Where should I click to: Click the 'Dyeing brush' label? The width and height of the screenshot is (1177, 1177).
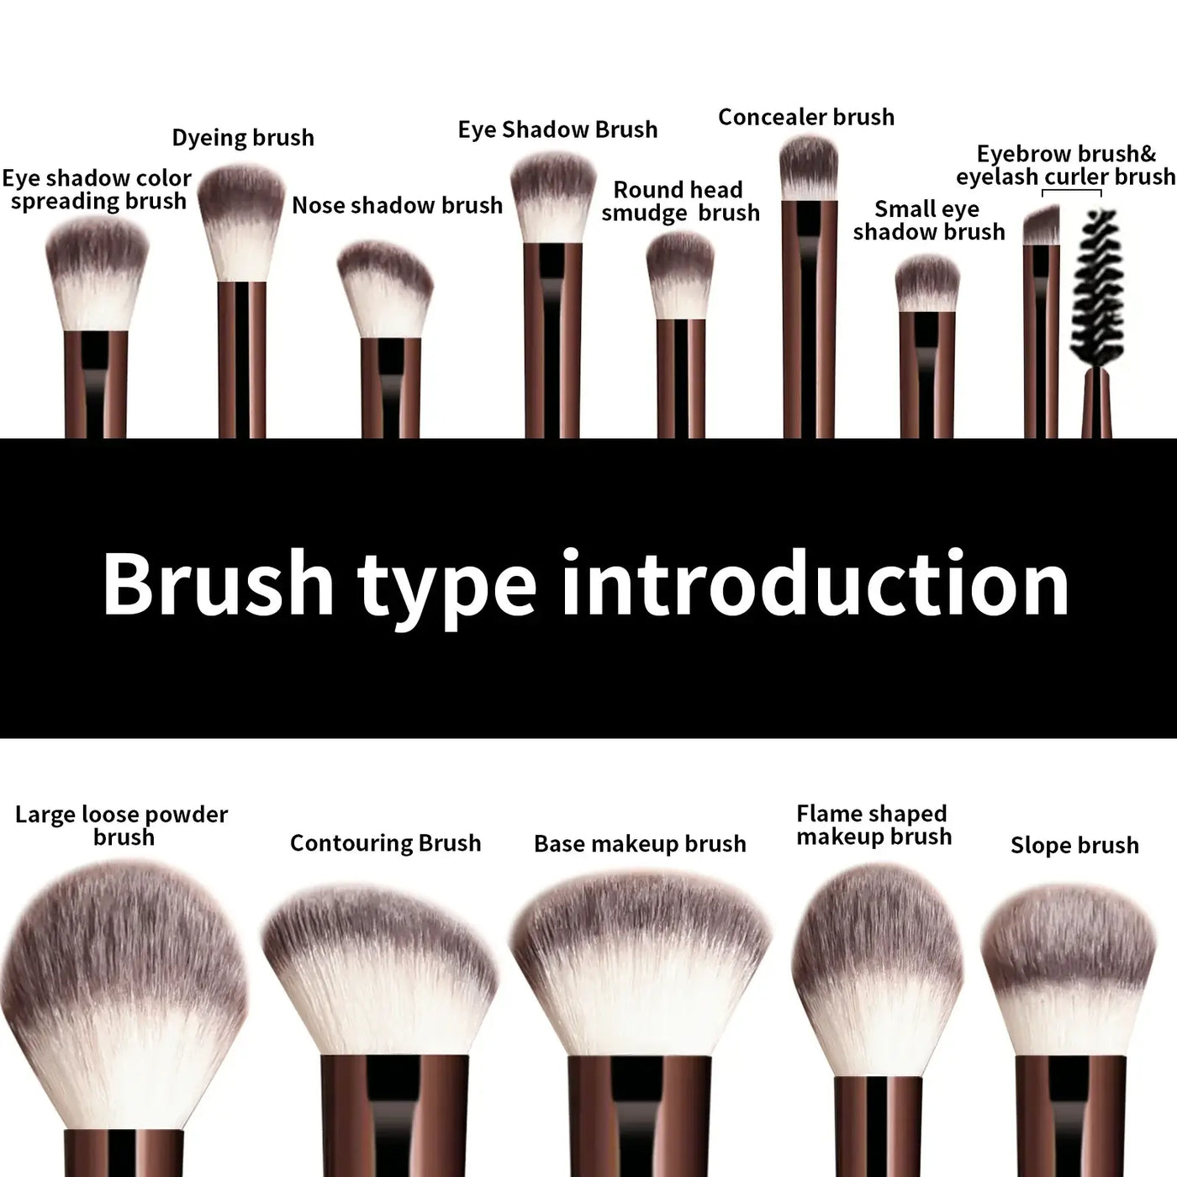click(x=243, y=138)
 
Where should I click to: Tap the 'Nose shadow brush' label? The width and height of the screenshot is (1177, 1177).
click(x=397, y=205)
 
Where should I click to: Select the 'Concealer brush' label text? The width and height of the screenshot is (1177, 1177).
click(x=805, y=117)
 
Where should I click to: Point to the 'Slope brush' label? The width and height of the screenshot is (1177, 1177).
click(x=1074, y=845)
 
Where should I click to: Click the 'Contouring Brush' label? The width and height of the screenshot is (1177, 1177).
click(x=385, y=843)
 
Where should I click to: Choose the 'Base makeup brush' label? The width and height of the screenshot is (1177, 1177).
click(x=640, y=843)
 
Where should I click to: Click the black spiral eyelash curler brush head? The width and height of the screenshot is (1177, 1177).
click(x=1096, y=286)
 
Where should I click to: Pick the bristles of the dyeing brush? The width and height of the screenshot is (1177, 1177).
click(x=240, y=219)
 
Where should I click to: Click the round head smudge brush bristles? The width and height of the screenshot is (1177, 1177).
click(x=680, y=273)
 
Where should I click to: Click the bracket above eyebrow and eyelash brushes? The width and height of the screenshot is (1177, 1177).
click(x=1071, y=192)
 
